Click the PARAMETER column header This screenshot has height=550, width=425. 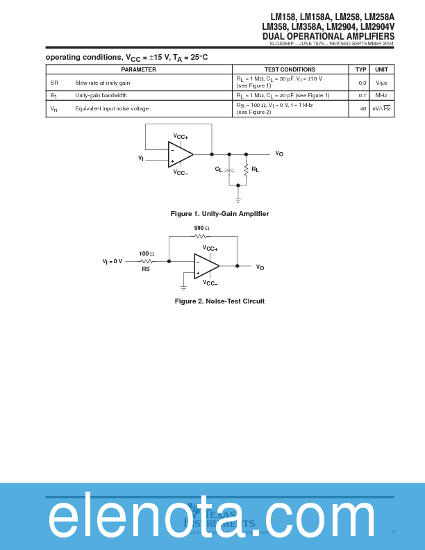coord(139,69)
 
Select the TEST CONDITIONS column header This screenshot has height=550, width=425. coord(290,69)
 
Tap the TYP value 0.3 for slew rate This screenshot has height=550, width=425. coord(362,83)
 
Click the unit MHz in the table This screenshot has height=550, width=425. coord(381,95)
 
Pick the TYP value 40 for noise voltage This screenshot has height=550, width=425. coord(362,109)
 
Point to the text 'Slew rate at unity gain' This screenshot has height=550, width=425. coord(103,83)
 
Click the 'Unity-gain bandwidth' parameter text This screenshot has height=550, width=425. coord(101,95)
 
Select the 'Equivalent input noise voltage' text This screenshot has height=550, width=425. coord(112,108)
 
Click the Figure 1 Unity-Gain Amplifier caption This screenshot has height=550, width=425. coord(219,214)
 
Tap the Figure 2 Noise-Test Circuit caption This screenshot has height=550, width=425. coord(219,301)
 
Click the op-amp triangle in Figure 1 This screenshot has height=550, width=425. coord(180,154)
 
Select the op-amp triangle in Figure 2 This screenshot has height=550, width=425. coord(206,266)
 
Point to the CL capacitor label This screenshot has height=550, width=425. coord(219,169)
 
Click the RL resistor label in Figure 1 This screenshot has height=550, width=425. coord(255,169)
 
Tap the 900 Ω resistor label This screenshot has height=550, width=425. coord(201,228)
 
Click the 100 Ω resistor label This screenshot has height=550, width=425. coord(147,253)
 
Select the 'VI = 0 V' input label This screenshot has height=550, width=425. coord(112,262)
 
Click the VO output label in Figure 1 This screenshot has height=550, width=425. coord(279,153)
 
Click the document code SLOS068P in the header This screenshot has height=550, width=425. coord(282,43)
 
